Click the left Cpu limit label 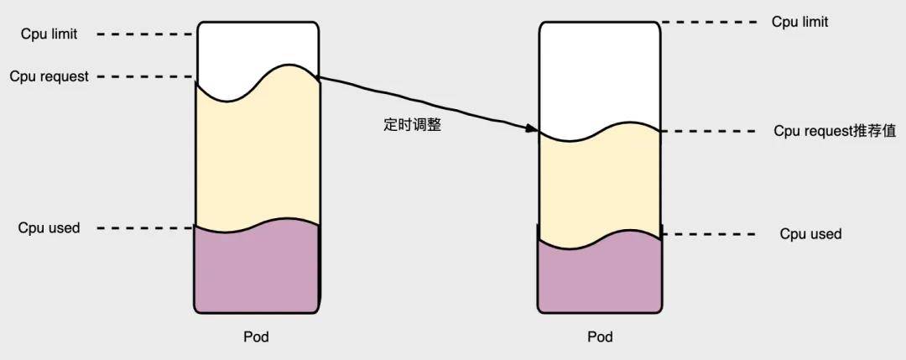(x=49, y=34)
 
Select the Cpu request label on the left (x=49, y=76)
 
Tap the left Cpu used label (x=49, y=227)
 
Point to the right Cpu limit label (x=799, y=22)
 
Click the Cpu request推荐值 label (x=835, y=131)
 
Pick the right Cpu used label (x=810, y=234)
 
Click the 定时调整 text (x=412, y=125)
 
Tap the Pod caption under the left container (x=256, y=337)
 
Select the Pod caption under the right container (x=601, y=337)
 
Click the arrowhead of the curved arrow (x=533, y=129)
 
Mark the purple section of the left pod (x=257, y=269)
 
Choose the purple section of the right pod (x=600, y=274)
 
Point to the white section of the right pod (x=600, y=76)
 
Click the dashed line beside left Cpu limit (x=144, y=34)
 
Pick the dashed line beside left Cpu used (x=144, y=228)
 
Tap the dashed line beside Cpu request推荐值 (x=708, y=131)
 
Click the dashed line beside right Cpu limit (x=708, y=23)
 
